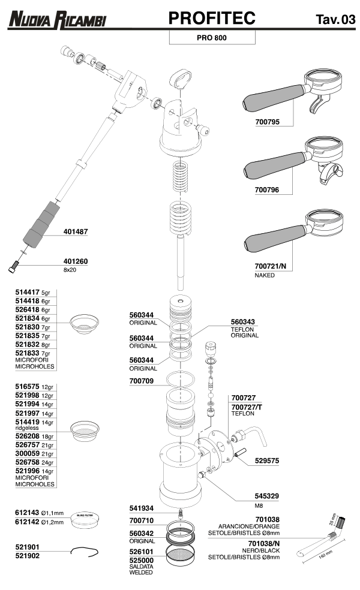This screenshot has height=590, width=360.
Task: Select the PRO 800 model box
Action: point(212,38)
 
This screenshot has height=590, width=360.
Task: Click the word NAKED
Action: point(265,275)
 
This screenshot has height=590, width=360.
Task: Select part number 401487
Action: point(76,231)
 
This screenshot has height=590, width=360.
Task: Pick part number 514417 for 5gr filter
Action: point(27,292)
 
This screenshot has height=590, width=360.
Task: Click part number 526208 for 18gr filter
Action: point(27,437)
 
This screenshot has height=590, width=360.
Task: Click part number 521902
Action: point(27,556)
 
